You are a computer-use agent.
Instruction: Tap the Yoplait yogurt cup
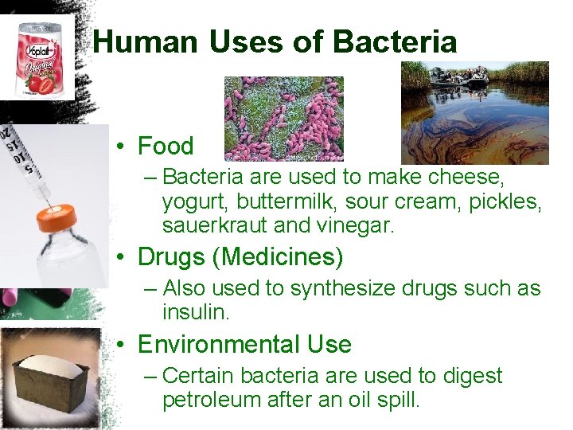38,60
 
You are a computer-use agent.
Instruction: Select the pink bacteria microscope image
283,119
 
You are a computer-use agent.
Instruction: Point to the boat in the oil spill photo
458,78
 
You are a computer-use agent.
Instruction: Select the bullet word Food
166,147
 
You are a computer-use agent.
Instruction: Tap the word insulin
196,312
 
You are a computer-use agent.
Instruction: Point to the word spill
398,399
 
